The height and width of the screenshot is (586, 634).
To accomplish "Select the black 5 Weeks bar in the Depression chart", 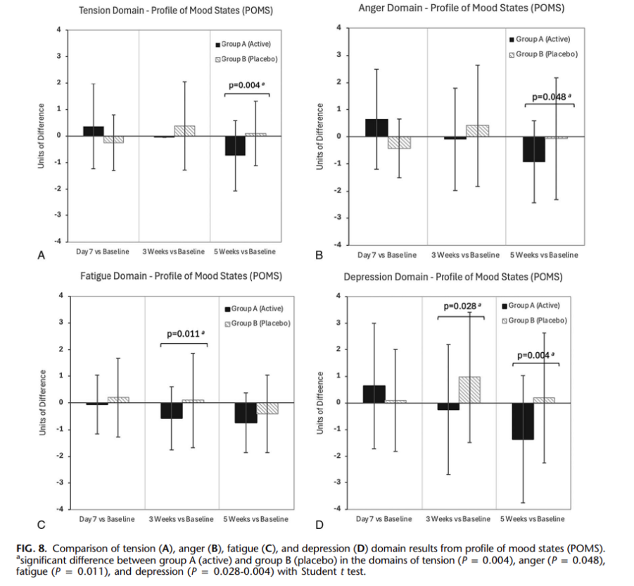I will pyautogui.click(x=521, y=421).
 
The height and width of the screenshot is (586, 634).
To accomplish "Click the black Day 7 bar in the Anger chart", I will pyautogui.click(x=377, y=127).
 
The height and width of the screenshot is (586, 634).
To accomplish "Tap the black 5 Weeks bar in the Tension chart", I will pyautogui.click(x=235, y=145).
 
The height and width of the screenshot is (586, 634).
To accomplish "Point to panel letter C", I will pyautogui.click(x=42, y=524).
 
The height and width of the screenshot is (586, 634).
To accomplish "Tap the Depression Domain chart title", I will pyautogui.click(x=453, y=277).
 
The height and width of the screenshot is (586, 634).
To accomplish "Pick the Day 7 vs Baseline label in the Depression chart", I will pyautogui.click(x=383, y=519).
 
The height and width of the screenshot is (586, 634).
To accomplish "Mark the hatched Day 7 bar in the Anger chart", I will pyautogui.click(x=399, y=143).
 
